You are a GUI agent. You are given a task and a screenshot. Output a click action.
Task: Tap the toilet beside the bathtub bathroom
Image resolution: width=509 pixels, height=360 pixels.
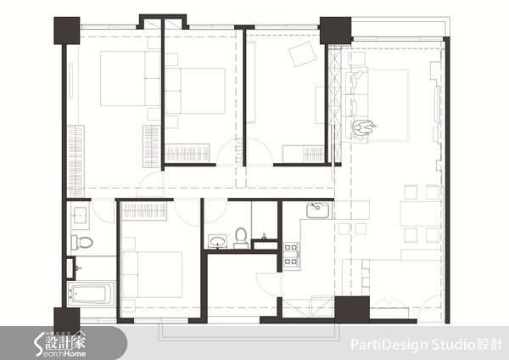pos(84,243)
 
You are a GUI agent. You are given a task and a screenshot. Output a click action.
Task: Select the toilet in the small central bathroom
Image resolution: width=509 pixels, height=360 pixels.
pos(242,235)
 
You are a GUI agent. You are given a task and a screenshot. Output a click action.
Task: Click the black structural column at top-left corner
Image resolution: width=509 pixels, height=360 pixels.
pos(65,31)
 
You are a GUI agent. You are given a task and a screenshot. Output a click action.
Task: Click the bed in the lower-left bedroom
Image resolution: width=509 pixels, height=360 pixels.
pos(153,273)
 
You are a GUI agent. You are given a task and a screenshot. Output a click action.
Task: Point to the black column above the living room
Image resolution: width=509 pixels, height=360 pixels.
pos(335,30)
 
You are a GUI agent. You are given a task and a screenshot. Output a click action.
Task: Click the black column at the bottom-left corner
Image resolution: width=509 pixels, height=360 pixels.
pos(65,318)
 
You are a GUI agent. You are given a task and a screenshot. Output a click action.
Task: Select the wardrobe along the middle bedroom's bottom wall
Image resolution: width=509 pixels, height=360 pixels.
pos(190,152)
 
